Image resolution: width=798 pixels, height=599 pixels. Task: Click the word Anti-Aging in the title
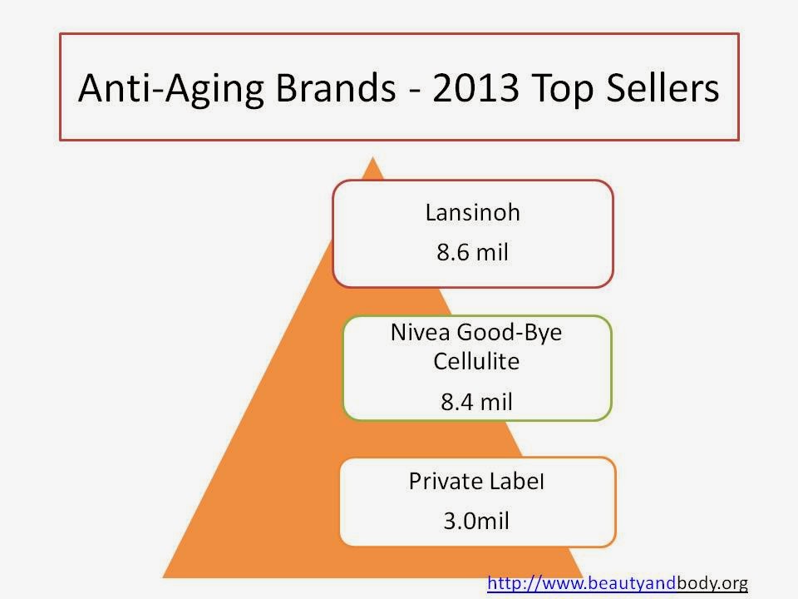tap(171, 89)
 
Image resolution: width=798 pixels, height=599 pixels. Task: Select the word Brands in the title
tap(335, 87)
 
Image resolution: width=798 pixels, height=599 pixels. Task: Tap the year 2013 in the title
tap(475, 87)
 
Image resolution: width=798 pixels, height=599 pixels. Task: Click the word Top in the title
tap(564, 90)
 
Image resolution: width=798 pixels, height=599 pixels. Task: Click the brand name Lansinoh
tap(473, 212)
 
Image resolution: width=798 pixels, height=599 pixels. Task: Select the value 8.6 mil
tap(473, 252)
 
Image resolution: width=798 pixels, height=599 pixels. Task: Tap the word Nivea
tap(421, 333)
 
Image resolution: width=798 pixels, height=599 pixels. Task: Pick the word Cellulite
tap(476, 361)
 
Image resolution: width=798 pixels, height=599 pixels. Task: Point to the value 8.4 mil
tap(476, 402)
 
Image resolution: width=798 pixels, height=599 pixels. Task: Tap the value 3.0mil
tap(476, 521)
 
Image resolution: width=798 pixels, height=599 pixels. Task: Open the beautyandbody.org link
tap(618, 582)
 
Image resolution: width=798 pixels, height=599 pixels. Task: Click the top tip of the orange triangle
tap(372, 157)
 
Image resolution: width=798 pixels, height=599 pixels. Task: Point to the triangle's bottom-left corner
tap(163, 577)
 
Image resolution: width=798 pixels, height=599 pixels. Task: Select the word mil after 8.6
tap(493, 252)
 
